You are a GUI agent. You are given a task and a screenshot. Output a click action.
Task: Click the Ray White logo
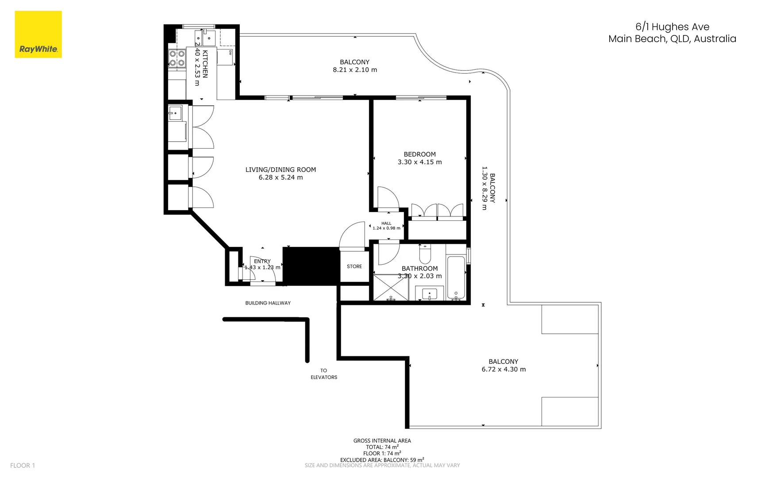[x=38, y=35]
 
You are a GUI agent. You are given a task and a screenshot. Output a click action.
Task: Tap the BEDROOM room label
[x=419, y=154]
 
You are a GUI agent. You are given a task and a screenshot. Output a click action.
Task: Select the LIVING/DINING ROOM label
[x=281, y=170]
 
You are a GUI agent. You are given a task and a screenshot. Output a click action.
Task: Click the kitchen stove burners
[x=177, y=58]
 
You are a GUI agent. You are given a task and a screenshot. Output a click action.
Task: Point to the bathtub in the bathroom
[x=456, y=277]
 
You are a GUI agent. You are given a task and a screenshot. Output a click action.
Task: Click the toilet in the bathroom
[x=425, y=254]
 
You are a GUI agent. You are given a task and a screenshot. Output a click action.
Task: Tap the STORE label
[x=354, y=266]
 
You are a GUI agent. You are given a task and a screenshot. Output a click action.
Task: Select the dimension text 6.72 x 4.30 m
[x=504, y=370]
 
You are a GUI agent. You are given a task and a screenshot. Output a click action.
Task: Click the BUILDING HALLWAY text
[x=268, y=303]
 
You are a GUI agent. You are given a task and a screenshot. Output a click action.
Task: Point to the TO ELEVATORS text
[x=323, y=374]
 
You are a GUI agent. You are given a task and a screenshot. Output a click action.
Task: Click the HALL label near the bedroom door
[x=386, y=224]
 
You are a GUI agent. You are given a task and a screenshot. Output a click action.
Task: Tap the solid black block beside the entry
[x=311, y=266]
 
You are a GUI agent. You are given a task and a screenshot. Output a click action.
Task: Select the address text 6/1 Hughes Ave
[x=672, y=27]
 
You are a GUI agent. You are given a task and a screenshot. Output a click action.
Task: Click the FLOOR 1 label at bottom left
[x=23, y=465]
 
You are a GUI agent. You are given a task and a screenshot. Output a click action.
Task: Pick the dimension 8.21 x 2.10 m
[x=355, y=70]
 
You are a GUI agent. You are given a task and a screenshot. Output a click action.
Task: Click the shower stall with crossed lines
[x=391, y=288]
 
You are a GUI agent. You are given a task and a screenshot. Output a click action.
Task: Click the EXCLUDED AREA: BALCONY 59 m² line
[x=382, y=460]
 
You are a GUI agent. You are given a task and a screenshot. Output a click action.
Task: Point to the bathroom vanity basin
[x=429, y=294]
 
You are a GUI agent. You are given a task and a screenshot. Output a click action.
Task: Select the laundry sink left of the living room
[x=175, y=113]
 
